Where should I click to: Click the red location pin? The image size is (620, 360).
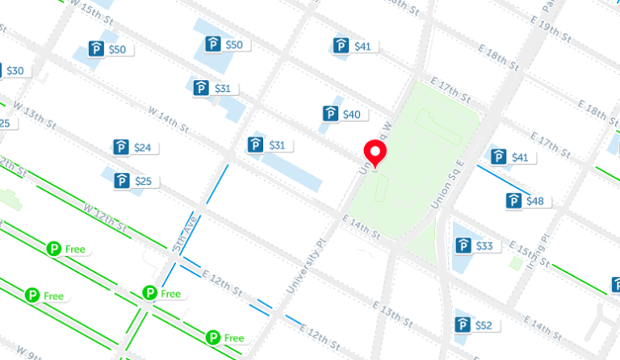[375, 152]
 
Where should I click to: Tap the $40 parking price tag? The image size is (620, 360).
[342, 115]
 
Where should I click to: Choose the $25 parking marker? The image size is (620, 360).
[134, 182]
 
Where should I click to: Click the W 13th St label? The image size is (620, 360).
[34, 118]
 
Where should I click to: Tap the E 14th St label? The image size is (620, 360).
[360, 228]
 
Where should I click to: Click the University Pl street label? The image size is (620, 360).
[308, 266]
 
